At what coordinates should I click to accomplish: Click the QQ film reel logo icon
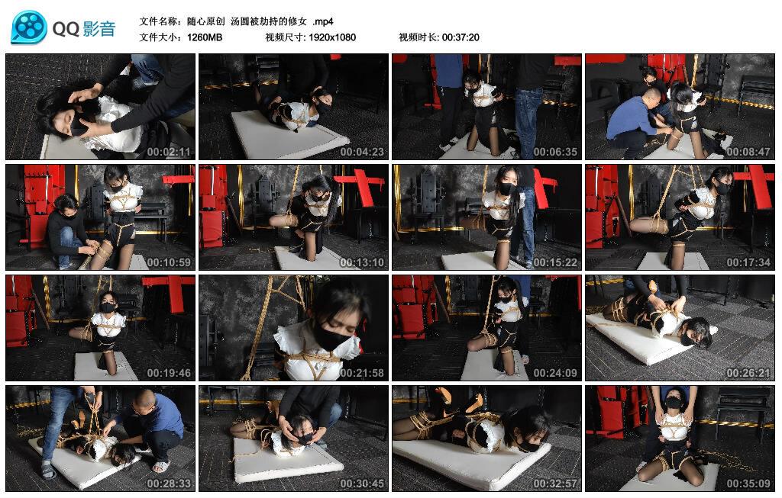pyautogui.click(x=29, y=27)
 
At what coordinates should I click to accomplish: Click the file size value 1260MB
pyautogui.click(x=205, y=37)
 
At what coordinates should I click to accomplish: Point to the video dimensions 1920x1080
pyautogui.click(x=332, y=37)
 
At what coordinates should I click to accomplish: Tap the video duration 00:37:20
pyautogui.click(x=460, y=37)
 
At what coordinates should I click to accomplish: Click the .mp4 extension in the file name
pyautogui.click(x=323, y=22)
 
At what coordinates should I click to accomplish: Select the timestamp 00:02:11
pyautogui.click(x=169, y=152)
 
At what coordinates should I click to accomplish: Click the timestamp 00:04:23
pyautogui.click(x=362, y=152)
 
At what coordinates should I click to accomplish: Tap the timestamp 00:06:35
pyautogui.click(x=555, y=152)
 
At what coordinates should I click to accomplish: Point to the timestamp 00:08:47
pyautogui.click(x=748, y=152)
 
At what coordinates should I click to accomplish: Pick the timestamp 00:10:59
pyautogui.click(x=169, y=262)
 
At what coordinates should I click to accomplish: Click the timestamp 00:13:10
pyautogui.click(x=362, y=262)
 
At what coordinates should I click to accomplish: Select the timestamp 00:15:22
pyautogui.click(x=555, y=262)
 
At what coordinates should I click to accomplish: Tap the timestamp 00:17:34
pyautogui.click(x=748, y=262)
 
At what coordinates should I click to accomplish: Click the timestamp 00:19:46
pyautogui.click(x=169, y=373)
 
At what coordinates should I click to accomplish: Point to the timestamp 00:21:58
pyautogui.click(x=362, y=373)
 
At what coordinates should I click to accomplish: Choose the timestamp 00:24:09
pyautogui.click(x=555, y=373)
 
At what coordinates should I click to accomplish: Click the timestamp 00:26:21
pyautogui.click(x=748, y=373)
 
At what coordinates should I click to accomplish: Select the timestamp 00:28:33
pyautogui.click(x=169, y=484)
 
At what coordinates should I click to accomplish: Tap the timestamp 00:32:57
pyautogui.click(x=555, y=484)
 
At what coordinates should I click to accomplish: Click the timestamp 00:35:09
pyautogui.click(x=748, y=484)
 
